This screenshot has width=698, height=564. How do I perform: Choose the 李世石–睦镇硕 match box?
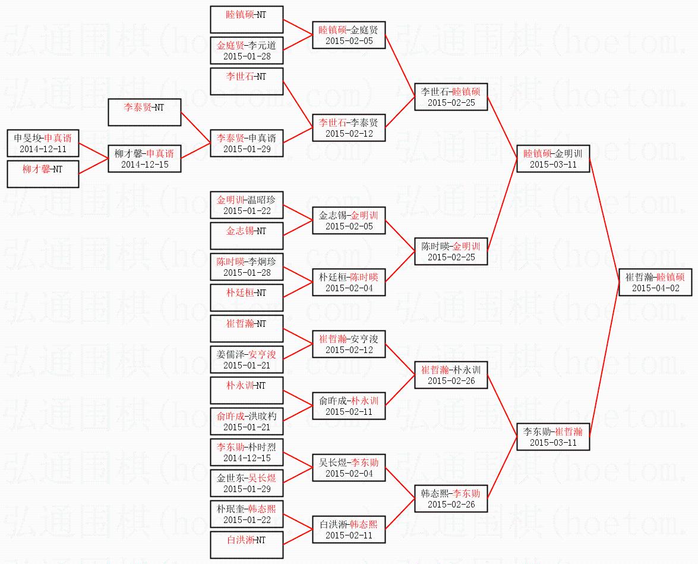coord(451,97)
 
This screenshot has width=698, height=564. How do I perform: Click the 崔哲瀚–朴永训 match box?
coord(451,375)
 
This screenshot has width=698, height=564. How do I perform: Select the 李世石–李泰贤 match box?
coord(349,128)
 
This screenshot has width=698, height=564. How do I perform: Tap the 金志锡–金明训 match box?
coord(349,220)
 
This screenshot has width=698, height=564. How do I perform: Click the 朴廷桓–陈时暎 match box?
coord(349,282)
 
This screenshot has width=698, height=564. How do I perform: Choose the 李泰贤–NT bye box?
coord(144,112)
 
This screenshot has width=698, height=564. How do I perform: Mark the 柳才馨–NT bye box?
coord(43,174)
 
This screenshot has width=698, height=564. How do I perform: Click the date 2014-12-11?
coord(43,149)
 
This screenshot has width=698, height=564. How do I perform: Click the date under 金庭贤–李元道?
coord(247,56)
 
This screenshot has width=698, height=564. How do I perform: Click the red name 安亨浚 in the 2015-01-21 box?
coord(262,354)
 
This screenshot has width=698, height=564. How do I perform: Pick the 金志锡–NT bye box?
coord(247,236)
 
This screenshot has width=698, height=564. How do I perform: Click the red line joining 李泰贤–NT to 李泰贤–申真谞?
coord(195,128)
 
